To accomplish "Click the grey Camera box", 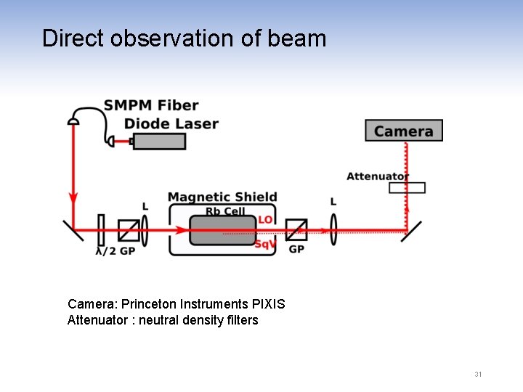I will tap(404, 131).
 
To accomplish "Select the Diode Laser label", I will tap(171, 123).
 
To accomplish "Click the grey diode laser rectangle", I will tap(159, 142).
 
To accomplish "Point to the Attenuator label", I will tap(377, 176).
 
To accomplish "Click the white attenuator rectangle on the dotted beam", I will tap(407, 188).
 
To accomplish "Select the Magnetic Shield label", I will tap(222, 197).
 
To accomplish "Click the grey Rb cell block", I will tap(222, 230).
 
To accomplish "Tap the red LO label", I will tap(265, 219).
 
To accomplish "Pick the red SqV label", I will tap(265, 244).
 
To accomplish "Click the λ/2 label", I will tap(106, 251).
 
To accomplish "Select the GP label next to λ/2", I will tap(127, 251).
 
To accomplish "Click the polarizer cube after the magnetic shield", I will tap(296, 230).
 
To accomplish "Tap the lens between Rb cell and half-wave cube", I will tap(145, 229).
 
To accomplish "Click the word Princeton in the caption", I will tap(147, 304).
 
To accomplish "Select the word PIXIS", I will tap(267, 304).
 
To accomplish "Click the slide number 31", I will tap(478, 375).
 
